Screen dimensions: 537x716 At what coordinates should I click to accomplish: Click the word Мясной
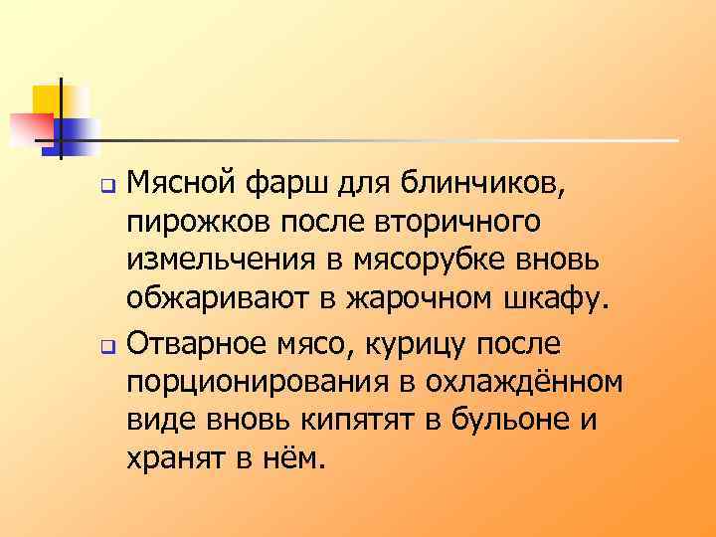(x=182, y=184)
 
